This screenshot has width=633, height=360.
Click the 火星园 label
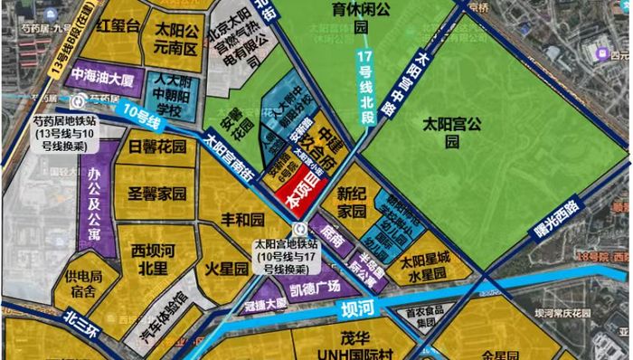pos(226,269)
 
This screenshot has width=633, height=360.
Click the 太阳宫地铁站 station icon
pos(311,229)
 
